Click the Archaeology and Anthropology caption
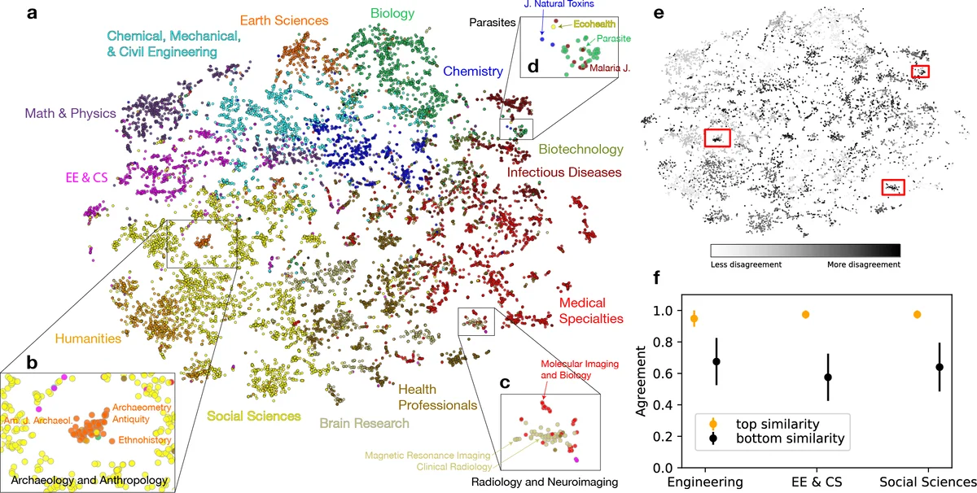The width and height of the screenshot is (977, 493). click(x=90, y=481)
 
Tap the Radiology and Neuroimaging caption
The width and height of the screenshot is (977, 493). click(x=545, y=482)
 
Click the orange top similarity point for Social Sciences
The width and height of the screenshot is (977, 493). click(x=918, y=314)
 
